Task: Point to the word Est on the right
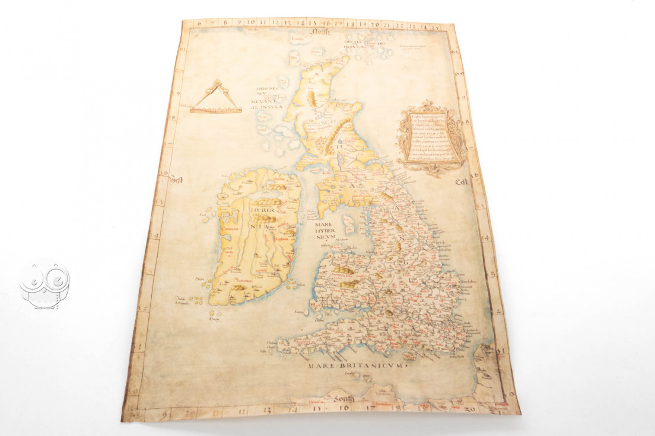point(462,182)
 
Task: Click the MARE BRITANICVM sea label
point(355,366)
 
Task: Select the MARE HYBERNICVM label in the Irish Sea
point(326,231)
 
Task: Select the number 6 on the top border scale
point(199,23)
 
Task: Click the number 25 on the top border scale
point(436,27)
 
